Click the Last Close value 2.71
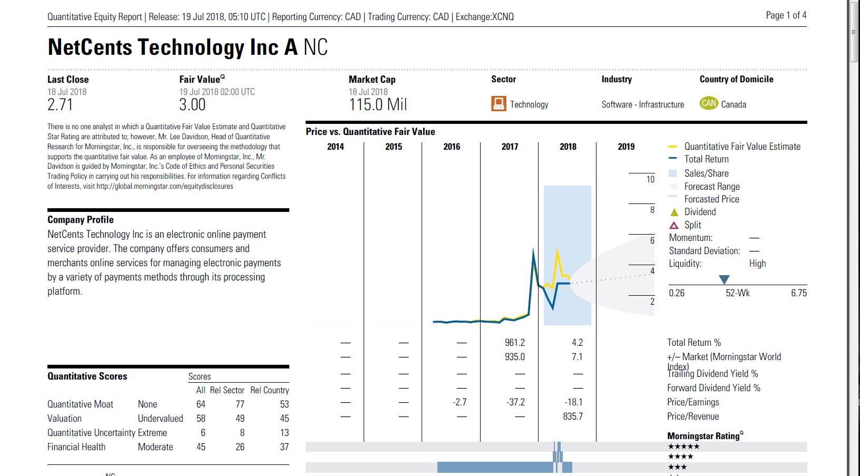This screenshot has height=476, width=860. point(60,104)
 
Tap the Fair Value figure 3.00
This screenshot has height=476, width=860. point(192,104)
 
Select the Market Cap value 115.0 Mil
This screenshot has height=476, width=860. point(378,104)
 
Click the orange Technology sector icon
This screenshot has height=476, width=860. point(498,103)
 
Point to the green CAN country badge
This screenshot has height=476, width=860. point(709,103)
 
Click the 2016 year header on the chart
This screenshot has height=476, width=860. point(452,147)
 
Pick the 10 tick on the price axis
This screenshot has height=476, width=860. point(650,179)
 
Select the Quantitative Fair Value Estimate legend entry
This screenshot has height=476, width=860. point(742,147)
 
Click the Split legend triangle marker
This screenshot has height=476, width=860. point(674,225)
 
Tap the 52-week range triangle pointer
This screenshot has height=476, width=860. point(724,279)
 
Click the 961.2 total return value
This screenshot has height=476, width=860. point(514,343)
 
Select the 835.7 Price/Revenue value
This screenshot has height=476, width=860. point(573,416)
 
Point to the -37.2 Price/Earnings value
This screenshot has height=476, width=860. point(515,402)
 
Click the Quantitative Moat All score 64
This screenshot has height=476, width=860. point(201,404)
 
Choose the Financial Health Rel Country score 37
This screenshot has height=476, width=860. point(284,447)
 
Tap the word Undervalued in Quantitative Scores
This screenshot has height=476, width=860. point(160,419)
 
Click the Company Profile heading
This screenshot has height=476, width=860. point(81,220)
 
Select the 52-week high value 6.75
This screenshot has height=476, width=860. point(798,293)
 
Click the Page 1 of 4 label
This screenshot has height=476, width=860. point(786,15)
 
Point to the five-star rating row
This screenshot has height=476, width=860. point(683,447)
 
